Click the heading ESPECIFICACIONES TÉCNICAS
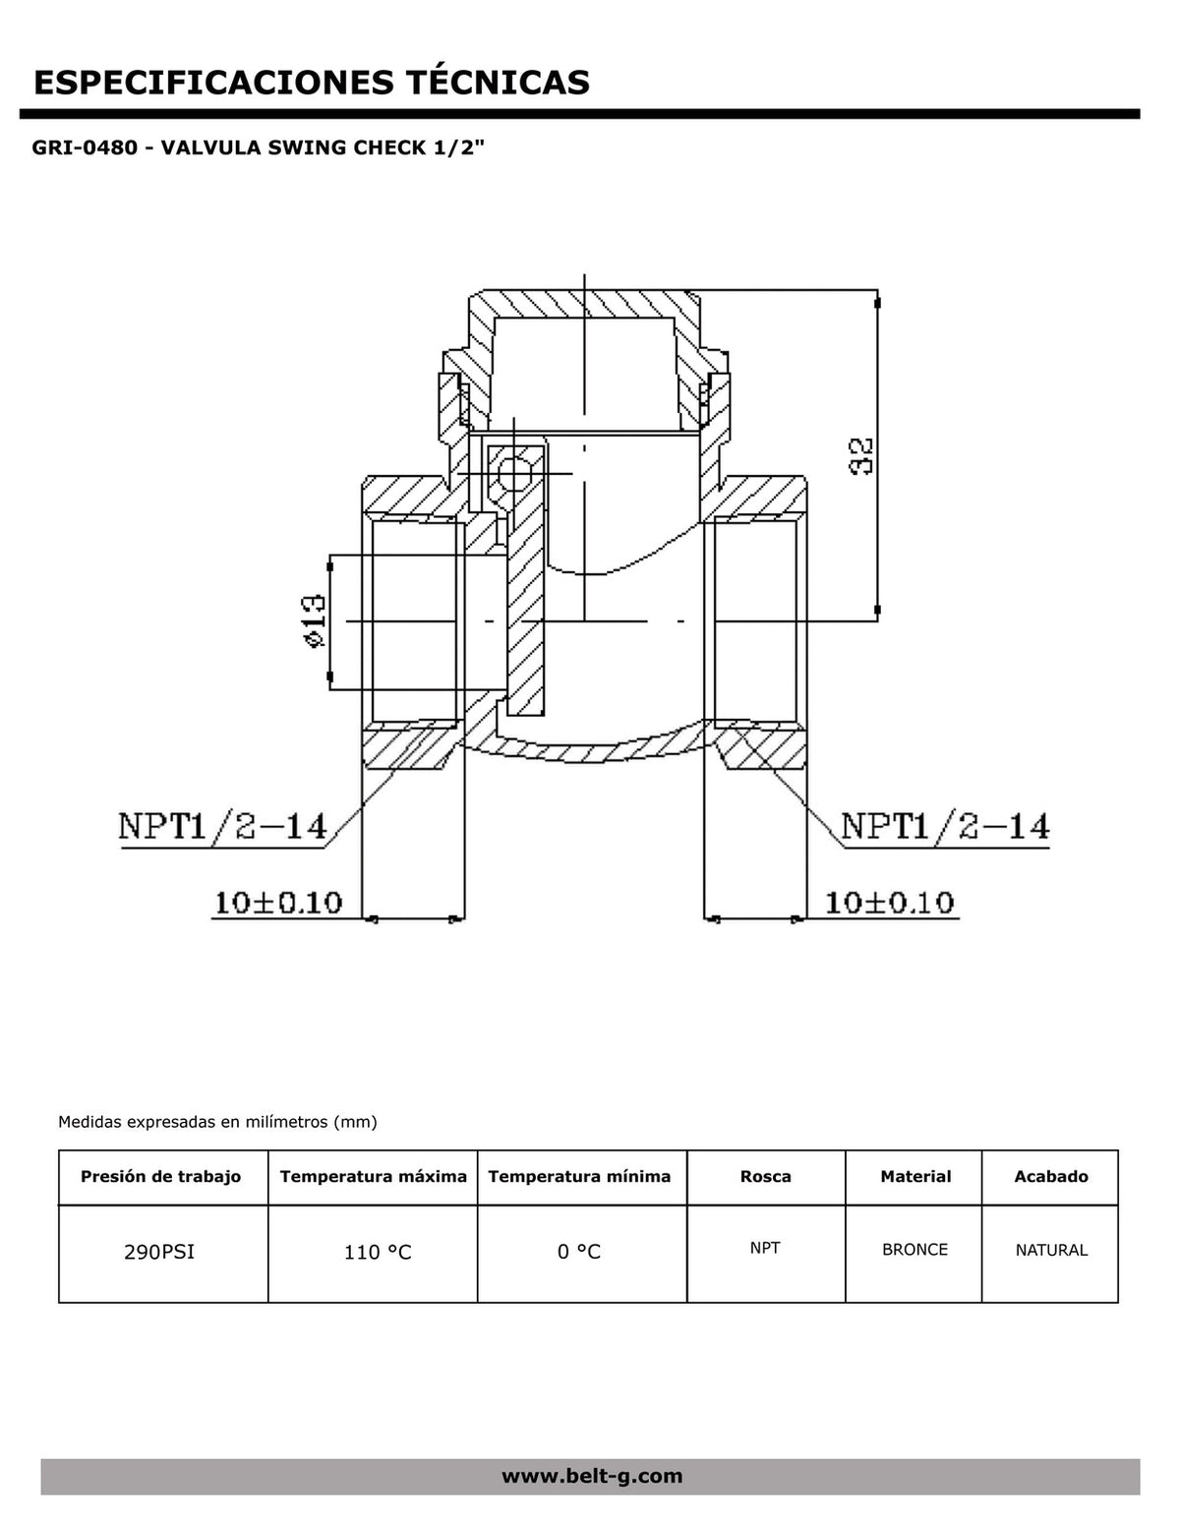pos(311,82)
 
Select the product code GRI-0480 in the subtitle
pos(85,147)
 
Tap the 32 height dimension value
pos(861,456)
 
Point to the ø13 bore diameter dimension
pos(314,621)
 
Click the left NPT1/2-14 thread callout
pos(222,826)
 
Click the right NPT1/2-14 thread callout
pos(945,826)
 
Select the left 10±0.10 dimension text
pos(278,903)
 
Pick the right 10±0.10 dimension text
pos(889,903)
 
